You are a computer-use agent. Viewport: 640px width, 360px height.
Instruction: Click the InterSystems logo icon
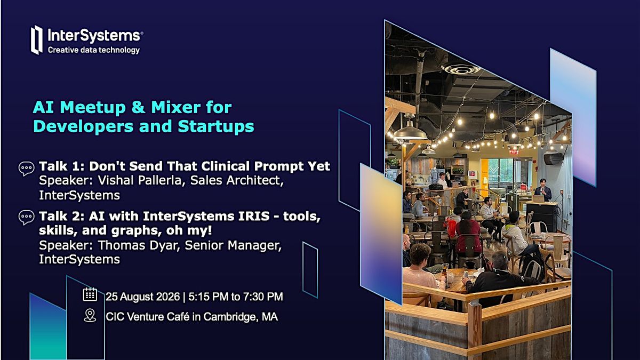pos(37,39)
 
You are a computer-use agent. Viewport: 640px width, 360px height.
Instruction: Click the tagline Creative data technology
pos(94,50)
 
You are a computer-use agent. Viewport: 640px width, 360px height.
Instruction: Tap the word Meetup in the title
pos(93,107)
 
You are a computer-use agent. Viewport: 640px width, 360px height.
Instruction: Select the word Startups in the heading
pos(216,126)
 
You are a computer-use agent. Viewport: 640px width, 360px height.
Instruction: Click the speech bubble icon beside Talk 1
pos(26,169)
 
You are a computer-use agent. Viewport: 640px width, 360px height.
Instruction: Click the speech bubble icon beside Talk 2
pos(26,218)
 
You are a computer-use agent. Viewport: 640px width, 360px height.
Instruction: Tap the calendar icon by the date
pos(90,294)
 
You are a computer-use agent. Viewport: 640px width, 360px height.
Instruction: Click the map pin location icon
pos(90,315)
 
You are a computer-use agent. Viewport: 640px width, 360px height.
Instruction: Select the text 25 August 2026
pos(142,297)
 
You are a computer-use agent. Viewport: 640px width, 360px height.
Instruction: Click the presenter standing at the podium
pos(543,190)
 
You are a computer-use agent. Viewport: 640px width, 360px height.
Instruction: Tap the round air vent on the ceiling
pos(461,69)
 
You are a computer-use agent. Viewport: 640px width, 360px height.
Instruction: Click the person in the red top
pos(467,234)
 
